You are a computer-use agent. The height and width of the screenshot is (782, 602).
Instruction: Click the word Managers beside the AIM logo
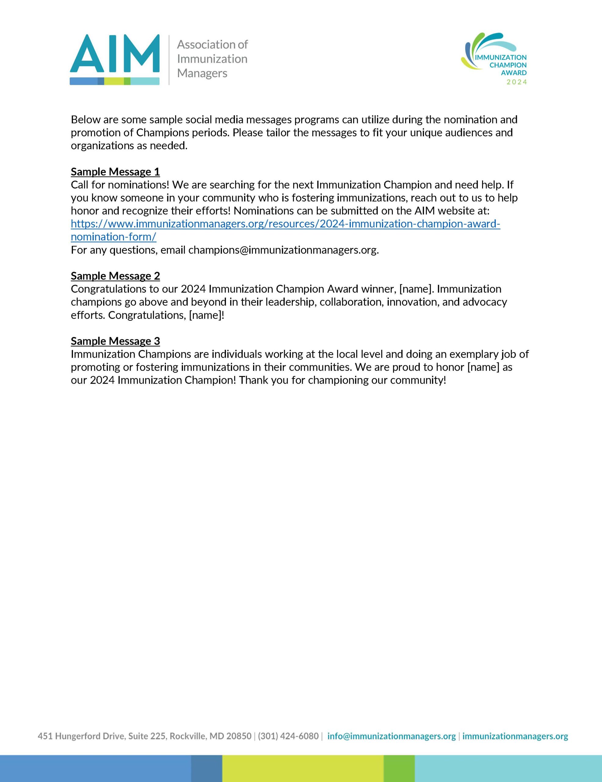point(202,73)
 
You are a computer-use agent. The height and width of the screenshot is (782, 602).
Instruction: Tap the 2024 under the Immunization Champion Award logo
point(517,82)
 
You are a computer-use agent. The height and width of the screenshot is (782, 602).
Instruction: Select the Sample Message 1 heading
point(115,172)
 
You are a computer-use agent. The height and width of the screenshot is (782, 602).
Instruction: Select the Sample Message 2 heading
point(115,276)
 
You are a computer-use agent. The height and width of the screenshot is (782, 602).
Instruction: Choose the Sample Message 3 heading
point(115,341)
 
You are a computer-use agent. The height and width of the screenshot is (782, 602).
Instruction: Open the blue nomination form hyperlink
point(285,224)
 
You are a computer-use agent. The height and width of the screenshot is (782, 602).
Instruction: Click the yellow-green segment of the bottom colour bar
point(303,768)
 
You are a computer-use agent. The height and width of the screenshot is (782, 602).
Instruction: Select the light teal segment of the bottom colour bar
point(508,768)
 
